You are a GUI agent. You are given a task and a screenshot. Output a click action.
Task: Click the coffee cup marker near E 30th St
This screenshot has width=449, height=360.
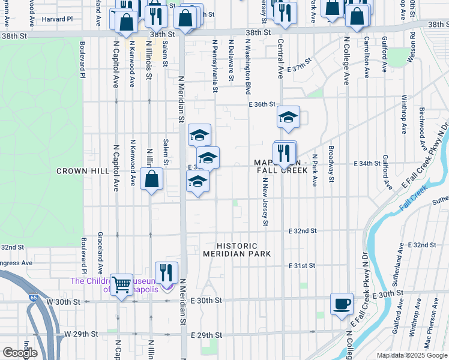(x=342, y=303)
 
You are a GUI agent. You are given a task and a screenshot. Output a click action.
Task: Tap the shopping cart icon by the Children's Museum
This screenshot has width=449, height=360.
(x=121, y=284)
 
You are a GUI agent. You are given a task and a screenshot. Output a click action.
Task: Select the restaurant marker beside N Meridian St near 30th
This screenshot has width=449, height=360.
(x=167, y=272)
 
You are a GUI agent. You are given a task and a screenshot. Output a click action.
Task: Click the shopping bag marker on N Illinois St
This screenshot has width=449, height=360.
(x=152, y=178)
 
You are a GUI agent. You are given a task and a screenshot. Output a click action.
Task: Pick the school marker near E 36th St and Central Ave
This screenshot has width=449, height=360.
(x=288, y=117)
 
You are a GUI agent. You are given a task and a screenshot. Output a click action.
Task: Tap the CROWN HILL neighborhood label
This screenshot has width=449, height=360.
(x=82, y=171)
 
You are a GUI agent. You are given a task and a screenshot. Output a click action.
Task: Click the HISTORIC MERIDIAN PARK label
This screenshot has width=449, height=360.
(x=238, y=250)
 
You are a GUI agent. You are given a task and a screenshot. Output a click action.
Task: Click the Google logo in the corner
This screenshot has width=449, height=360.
(x=20, y=352)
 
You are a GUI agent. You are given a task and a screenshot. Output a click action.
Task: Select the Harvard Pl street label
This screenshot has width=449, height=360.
(x=57, y=19)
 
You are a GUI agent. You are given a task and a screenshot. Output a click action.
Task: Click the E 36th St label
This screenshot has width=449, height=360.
(x=262, y=104)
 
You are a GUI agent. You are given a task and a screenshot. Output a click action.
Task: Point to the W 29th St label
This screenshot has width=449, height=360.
(x=81, y=334)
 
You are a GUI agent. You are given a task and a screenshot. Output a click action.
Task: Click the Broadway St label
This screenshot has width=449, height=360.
(x=330, y=160)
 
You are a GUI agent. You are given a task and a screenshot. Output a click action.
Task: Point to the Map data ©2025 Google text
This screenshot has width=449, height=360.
(x=412, y=355)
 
